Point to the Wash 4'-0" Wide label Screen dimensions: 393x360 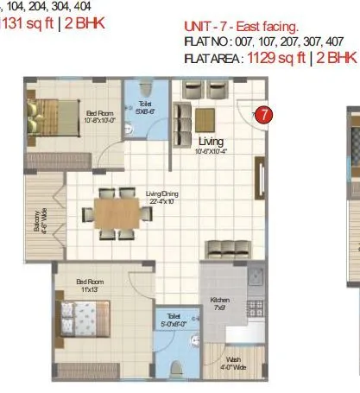coord(233,363)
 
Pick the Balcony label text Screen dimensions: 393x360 coord(43,226)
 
